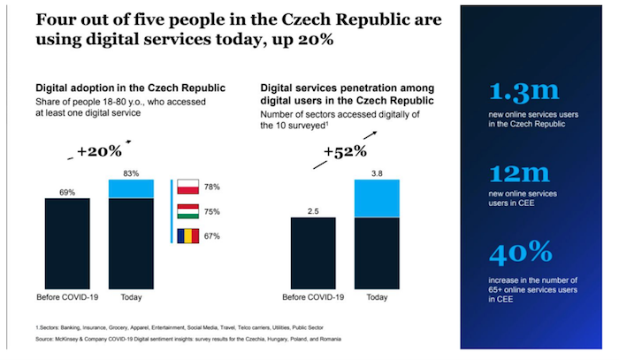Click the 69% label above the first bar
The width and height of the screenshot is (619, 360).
coord(67,190)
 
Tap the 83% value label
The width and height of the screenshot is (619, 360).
coord(131,172)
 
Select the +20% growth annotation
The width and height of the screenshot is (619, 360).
coord(99,151)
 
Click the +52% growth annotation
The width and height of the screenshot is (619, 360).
coord(343,151)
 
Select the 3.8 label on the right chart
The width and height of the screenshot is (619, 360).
coord(377,172)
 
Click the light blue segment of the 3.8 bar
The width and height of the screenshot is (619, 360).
coord(377,198)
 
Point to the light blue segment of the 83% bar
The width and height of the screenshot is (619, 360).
coord(131,188)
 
